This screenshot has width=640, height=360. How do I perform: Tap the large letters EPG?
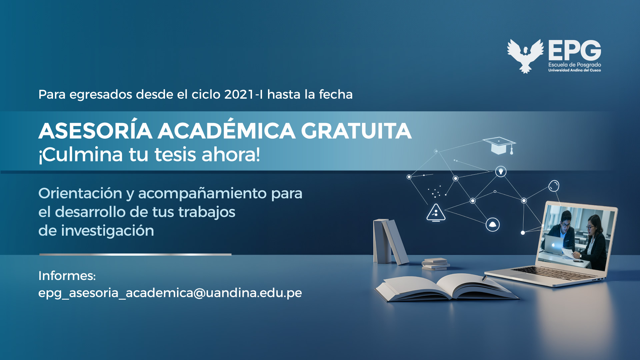click(575, 50)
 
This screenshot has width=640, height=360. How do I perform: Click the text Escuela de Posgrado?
click(575, 65)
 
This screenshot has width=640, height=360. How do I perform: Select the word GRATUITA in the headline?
click(356, 131)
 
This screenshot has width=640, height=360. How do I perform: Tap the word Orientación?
click(80, 193)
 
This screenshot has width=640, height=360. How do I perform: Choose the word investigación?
click(107, 231)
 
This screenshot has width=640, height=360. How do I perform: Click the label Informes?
click(67, 276)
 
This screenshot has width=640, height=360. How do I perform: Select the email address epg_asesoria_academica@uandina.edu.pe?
click(170, 293)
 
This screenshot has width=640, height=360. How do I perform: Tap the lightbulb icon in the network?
click(501, 171)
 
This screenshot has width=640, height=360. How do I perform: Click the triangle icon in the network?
click(436, 213)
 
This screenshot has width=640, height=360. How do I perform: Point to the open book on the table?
click(447, 287)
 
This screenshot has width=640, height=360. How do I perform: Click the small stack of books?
click(436, 264)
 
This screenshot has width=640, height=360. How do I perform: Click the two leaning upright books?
click(390, 242)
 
